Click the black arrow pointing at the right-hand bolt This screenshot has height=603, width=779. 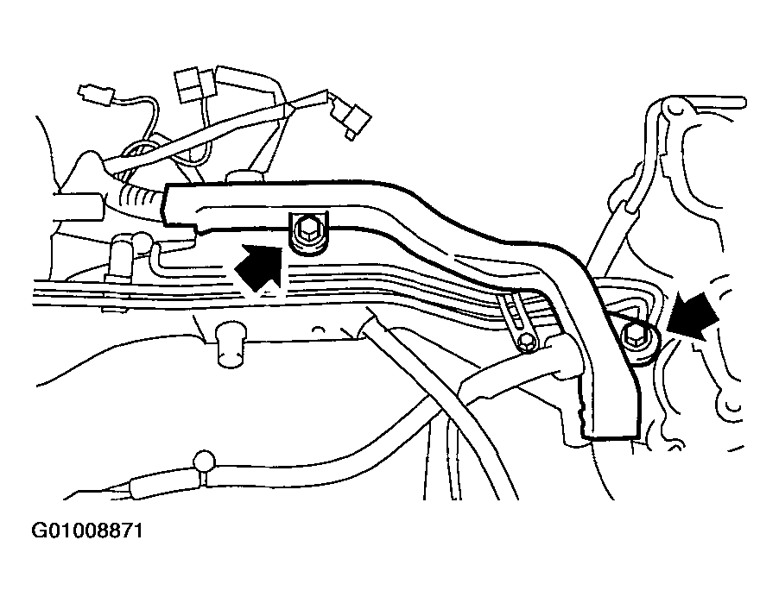(x=693, y=315)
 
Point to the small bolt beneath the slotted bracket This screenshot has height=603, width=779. (x=526, y=342)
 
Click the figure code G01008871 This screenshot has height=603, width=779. (x=87, y=531)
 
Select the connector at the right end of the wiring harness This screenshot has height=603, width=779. (x=351, y=117)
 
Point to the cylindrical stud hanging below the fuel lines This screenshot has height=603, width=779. (x=231, y=346)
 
